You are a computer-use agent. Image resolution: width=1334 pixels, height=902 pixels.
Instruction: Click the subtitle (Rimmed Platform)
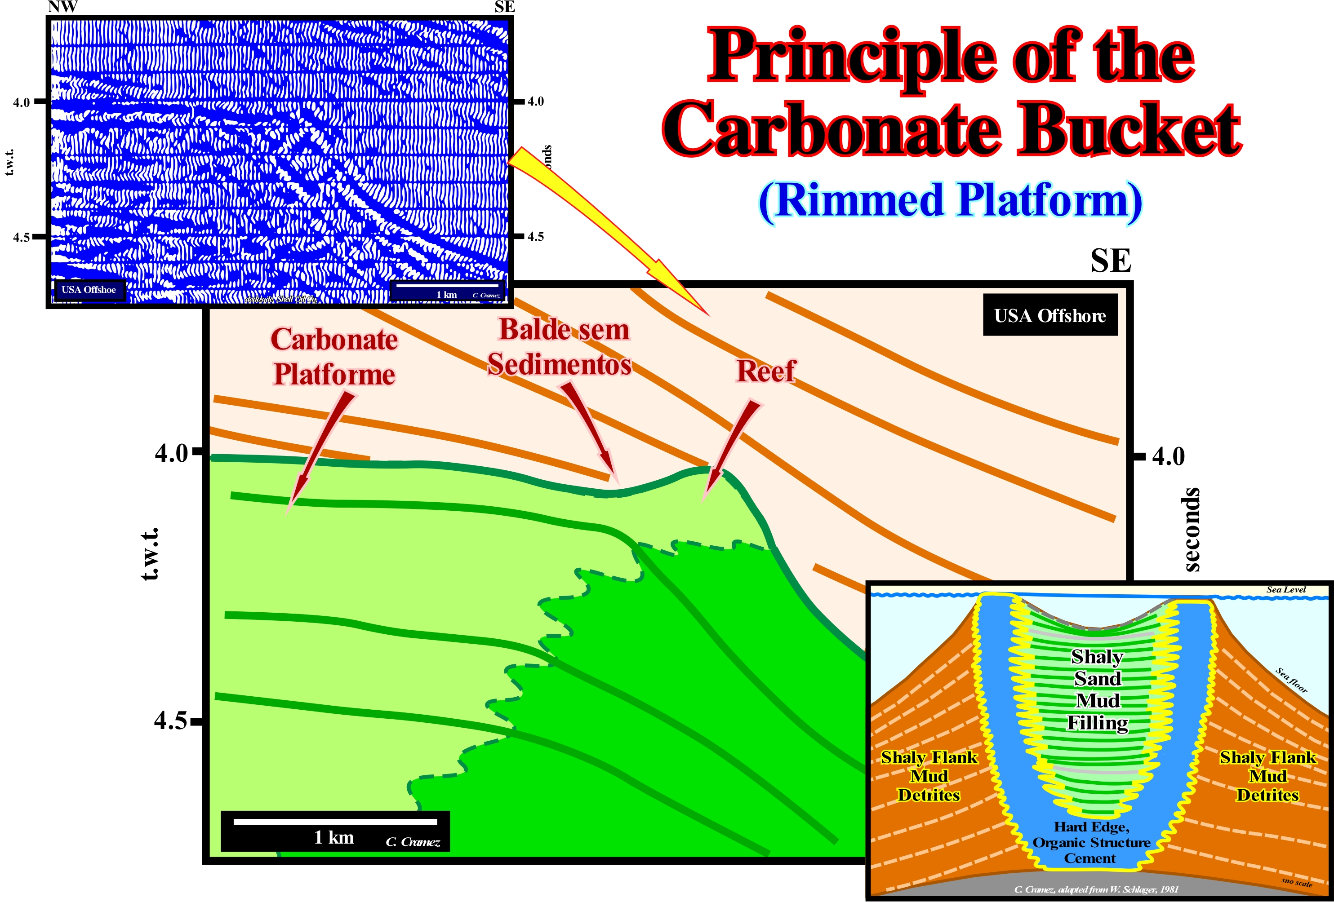click(950, 201)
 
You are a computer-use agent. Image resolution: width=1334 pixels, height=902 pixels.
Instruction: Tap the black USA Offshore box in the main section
click(1050, 315)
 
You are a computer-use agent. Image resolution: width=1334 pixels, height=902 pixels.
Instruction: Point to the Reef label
click(766, 371)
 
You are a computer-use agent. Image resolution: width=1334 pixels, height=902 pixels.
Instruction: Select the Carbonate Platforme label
click(334, 357)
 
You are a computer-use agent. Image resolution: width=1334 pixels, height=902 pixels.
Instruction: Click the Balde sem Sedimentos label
click(560, 347)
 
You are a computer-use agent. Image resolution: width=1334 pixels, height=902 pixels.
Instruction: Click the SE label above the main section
click(1111, 261)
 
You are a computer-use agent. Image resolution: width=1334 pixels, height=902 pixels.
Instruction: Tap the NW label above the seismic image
click(62, 7)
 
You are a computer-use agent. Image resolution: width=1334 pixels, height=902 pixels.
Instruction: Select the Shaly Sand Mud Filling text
click(1097, 689)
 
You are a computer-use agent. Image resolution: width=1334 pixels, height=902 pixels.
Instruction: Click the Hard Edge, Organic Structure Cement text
click(1091, 842)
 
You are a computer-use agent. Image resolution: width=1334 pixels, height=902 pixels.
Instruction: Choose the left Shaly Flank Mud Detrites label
click(929, 776)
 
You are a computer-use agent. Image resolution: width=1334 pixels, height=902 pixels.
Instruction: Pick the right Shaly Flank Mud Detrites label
click(1267, 776)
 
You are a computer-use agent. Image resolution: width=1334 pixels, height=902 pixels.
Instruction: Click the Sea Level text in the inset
click(1286, 590)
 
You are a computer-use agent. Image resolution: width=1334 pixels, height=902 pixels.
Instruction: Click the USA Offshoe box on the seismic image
click(89, 290)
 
